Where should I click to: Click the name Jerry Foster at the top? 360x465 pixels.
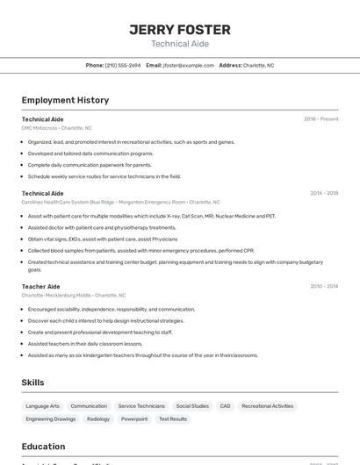tap(180, 29)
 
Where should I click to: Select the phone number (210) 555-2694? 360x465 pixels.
tap(122, 65)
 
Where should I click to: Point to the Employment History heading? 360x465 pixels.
tap(65, 100)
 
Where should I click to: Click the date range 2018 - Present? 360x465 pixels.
tap(320, 118)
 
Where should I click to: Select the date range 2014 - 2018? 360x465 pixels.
tap(324, 193)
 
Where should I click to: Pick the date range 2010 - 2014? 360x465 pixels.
tap(324, 286)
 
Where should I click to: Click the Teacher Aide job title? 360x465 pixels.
tap(41, 286)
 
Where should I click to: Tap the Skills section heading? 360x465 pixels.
tap(32, 383)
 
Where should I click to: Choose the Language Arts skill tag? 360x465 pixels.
tap(43, 406)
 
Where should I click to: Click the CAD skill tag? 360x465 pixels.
tap(225, 406)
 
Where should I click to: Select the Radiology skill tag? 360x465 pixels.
tap(98, 419)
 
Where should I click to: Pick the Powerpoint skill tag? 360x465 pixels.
tap(134, 419)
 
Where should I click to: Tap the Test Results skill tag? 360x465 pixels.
tap(172, 419)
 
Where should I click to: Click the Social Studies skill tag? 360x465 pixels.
tap(192, 406)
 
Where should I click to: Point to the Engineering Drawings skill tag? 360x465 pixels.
tap(51, 419)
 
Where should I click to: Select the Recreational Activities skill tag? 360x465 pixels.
tap(268, 406)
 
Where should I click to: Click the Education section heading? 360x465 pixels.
tap(43, 447)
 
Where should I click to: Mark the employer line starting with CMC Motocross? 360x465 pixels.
tap(56, 128)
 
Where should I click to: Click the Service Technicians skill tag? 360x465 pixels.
tap(141, 406)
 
